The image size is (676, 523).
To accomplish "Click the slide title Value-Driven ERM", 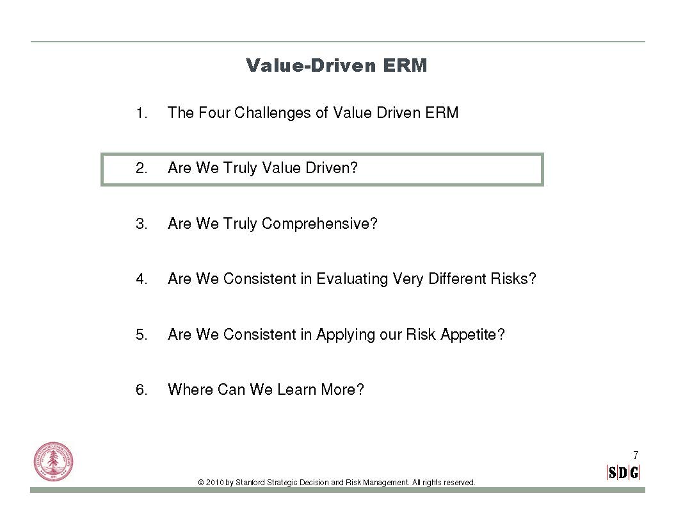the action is (336, 65).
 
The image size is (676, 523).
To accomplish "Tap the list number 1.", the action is (141, 113).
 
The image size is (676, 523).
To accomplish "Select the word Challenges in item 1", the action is (273, 113).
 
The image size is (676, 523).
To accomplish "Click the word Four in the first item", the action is (214, 113).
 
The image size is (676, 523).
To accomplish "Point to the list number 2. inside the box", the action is (141, 169).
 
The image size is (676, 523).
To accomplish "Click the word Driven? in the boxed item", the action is (332, 168).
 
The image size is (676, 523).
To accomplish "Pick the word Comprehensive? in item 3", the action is (319, 224).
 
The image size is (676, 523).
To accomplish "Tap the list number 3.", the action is (141, 224).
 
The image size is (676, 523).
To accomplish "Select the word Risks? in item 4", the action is (513, 279).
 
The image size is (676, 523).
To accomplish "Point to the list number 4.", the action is (141, 279).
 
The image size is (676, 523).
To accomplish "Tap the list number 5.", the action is (141, 335).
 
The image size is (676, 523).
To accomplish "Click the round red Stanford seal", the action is (54, 462).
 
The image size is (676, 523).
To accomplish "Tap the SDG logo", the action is (624, 473).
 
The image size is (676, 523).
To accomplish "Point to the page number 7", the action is (636, 455).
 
